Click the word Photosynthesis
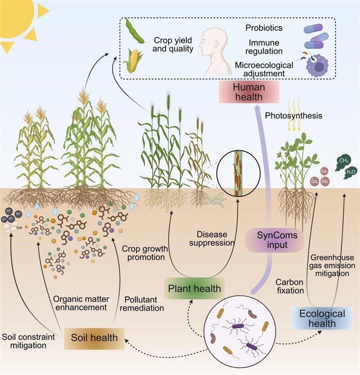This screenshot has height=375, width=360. tap(294, 116)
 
